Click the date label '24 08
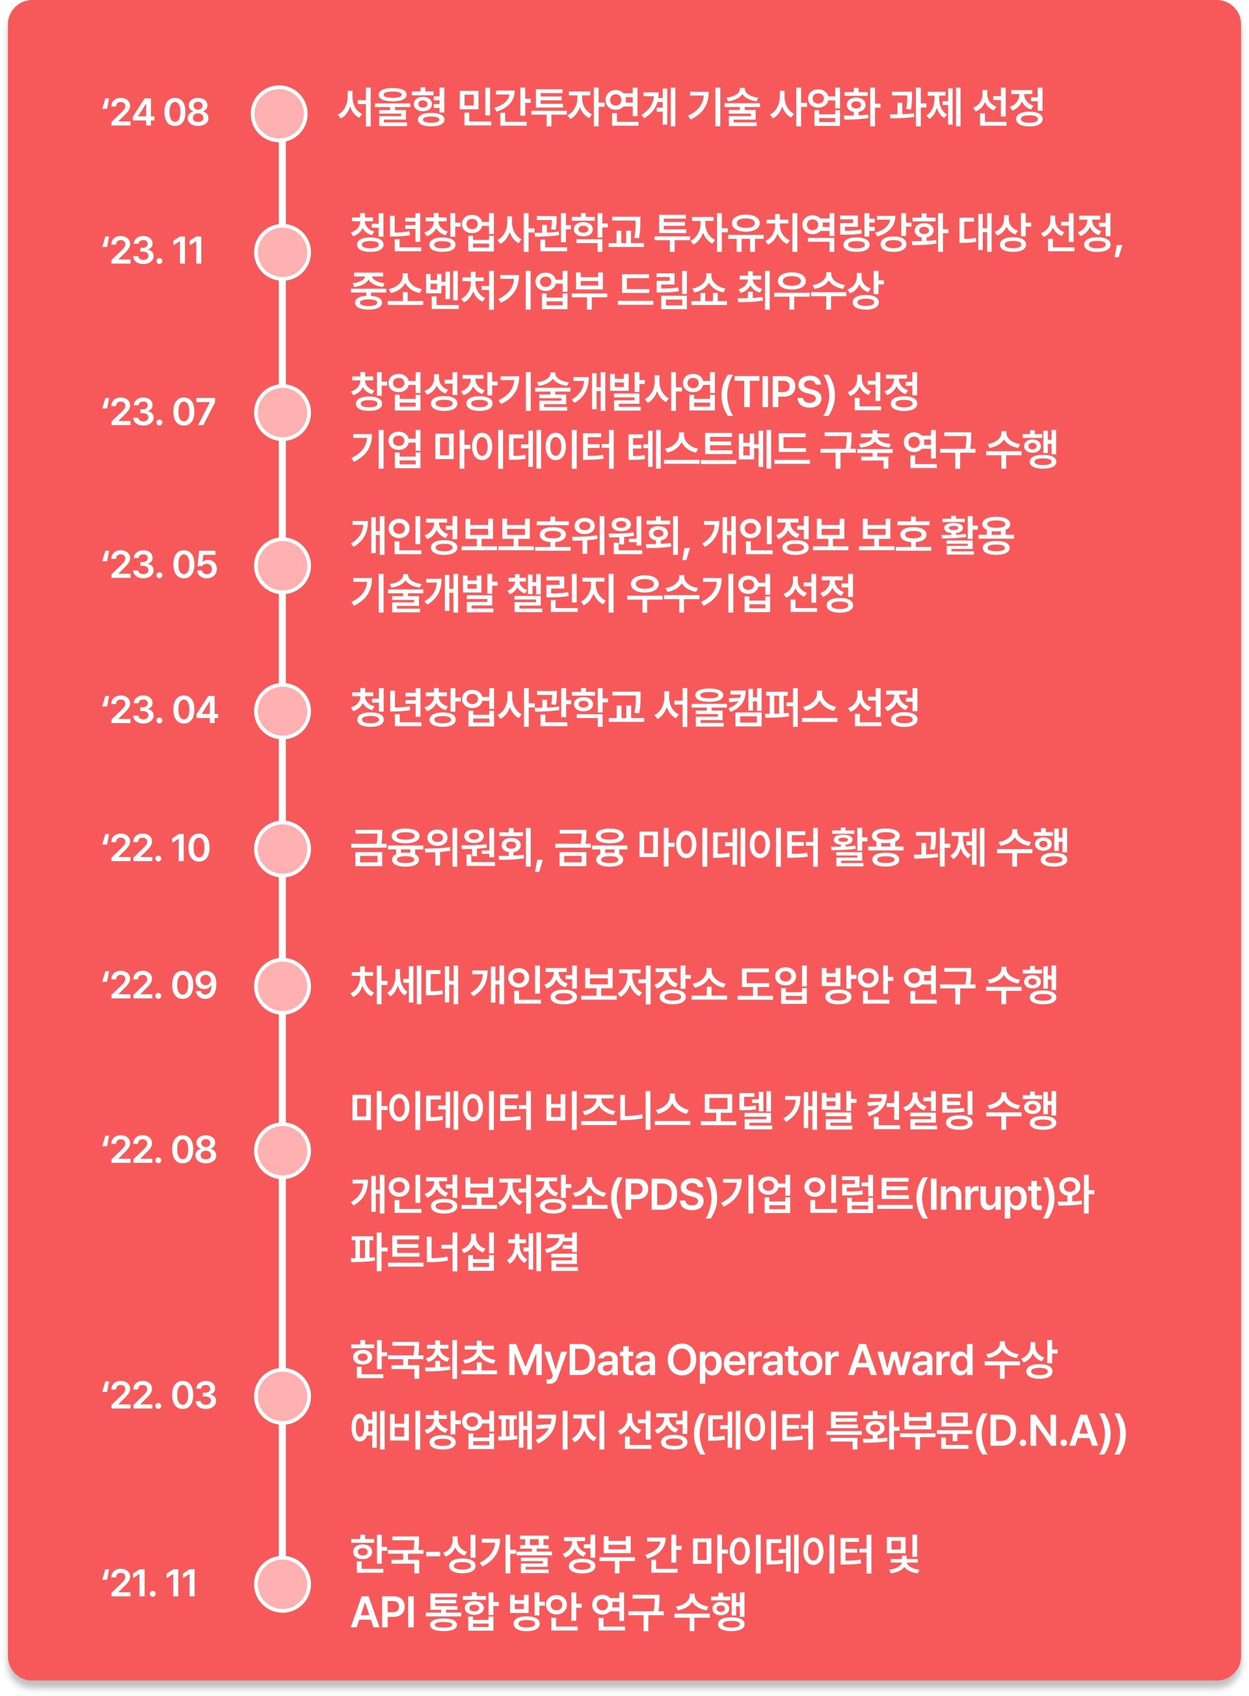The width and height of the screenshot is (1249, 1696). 155,113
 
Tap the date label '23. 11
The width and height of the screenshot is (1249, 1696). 154,251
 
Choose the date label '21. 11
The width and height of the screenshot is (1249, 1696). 150,1583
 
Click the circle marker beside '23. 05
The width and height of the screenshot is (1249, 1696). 282,566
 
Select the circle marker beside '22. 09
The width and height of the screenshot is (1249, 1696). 282,987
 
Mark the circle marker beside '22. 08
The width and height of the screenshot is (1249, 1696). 282,1151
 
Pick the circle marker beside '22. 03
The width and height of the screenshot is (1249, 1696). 282,1396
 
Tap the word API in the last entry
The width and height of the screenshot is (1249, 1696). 383,1612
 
